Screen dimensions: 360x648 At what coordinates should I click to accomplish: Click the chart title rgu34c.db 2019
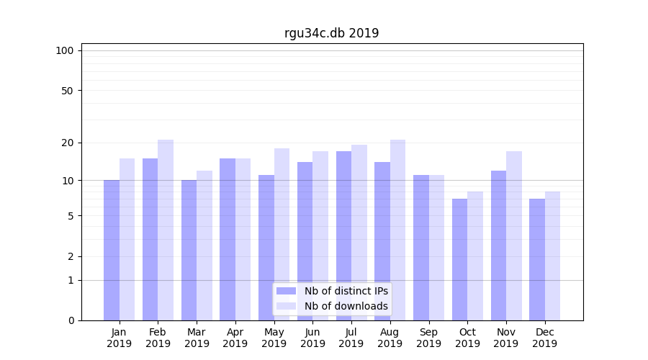pyautogui.click(x=331, y=33)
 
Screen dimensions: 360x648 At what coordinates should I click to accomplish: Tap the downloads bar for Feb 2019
pyautogui.click(x=166, y=230)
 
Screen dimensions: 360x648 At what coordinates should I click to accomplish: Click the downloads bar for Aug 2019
pyautogui.click(x=397, y=230)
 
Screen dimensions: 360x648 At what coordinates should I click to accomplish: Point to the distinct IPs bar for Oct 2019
pyautogui.click(x=459, y=259)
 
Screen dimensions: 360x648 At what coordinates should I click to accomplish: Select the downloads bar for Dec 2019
pyautogui.click(x=552, y=256)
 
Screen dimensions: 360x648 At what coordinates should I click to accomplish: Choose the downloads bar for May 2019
pyautogui.click(x=282, y=234)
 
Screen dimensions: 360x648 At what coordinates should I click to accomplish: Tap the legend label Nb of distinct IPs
pyautogui.click(x=346, y=291)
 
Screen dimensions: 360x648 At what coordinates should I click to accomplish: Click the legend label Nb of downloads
pyautogui.click(x=346, y=306)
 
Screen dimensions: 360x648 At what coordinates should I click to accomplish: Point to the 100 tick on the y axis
pyautogui.click(x=65, y=50)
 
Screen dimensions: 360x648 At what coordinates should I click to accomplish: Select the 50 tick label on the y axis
pyautogui.click(x=67, y=91)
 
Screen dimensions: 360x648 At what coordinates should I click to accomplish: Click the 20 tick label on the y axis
pyautogui.click(x=67, y=143)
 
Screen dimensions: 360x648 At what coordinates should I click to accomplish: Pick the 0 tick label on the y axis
pyautogui.click(x=71, y=320)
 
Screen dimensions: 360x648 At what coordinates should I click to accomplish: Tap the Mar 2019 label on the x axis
pyautogui.click(x=197, y=338)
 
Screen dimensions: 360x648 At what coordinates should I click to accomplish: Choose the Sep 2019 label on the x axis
pyautogui.click(x=428, y=338)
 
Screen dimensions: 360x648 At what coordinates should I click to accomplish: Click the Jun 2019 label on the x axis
pyautogui.click(x=312, y=338)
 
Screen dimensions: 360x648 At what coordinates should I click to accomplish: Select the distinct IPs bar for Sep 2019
pyautogui.click(x=421, y=248)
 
